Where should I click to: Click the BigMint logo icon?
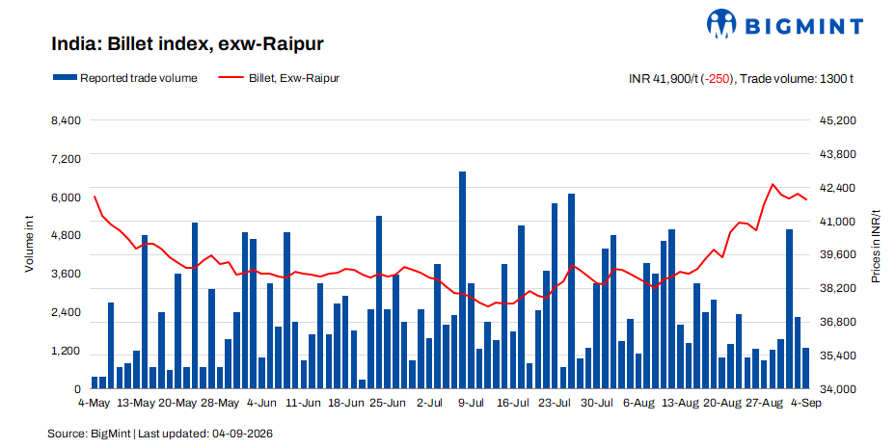(721, 23)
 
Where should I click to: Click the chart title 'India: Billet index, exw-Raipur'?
(187, 44)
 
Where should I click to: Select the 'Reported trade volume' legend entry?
(125, 78)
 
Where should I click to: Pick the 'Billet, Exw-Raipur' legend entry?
(279, 78)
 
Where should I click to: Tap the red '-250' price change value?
(718, 79)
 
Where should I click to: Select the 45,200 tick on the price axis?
(838, 120)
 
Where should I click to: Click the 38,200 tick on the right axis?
(838, 288)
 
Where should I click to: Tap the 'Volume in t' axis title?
(29, 244)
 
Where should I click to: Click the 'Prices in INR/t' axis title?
(876, 247)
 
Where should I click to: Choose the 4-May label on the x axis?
(94, 403)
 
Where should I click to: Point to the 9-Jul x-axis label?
(471, 403)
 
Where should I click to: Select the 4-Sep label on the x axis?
(805, 403)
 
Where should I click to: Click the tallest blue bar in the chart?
(462, 280)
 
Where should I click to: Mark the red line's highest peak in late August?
(773, 184)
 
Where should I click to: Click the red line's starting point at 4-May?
(95, 197)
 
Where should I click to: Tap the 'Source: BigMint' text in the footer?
(89, 434)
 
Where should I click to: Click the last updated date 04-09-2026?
(242, 434)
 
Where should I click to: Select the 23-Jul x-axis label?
(555, 403)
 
